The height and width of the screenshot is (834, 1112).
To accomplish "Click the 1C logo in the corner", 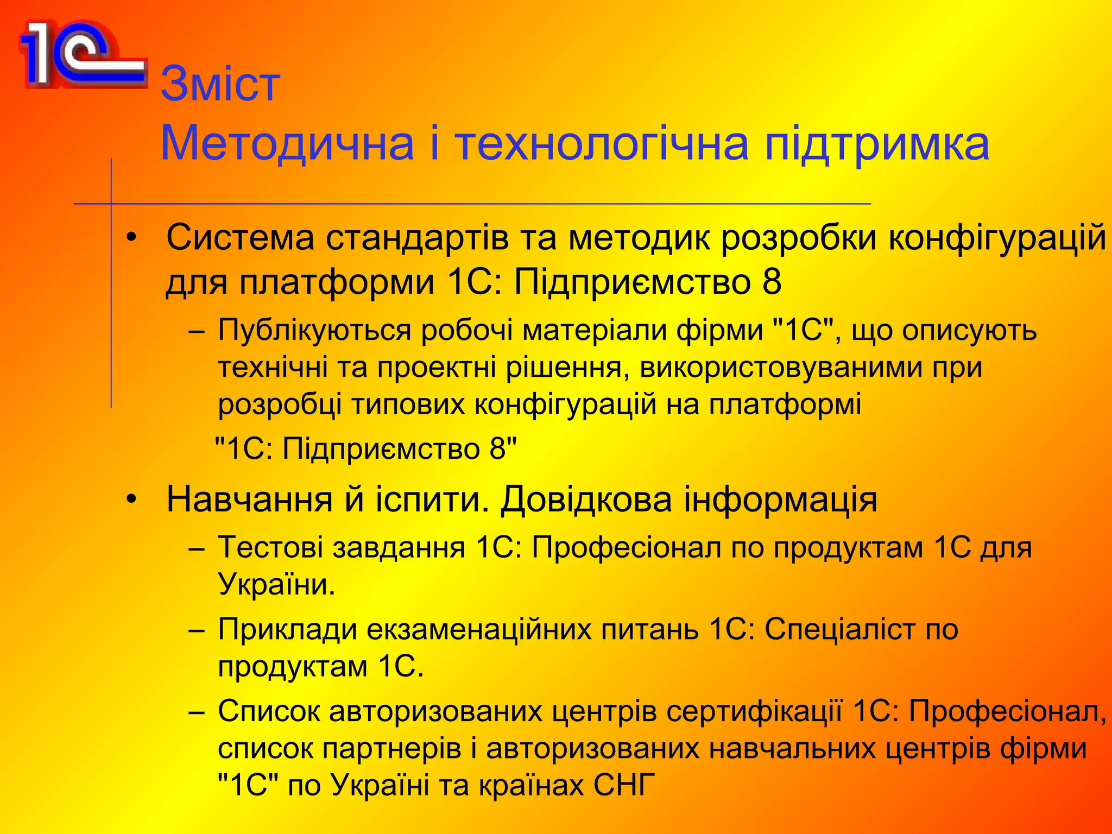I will (81, 54).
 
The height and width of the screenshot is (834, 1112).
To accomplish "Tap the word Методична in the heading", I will (287, 144).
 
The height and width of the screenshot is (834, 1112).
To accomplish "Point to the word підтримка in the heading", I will (876, 144).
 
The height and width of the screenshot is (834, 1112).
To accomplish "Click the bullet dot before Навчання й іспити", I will (131, 499).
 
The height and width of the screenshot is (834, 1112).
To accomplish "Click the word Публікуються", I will (314, 330).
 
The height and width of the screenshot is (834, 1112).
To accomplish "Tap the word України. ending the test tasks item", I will (276, 584).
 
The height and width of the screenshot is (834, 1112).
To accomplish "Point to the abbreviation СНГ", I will (624, 785).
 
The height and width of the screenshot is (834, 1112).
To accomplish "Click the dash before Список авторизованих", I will (197, 711).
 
